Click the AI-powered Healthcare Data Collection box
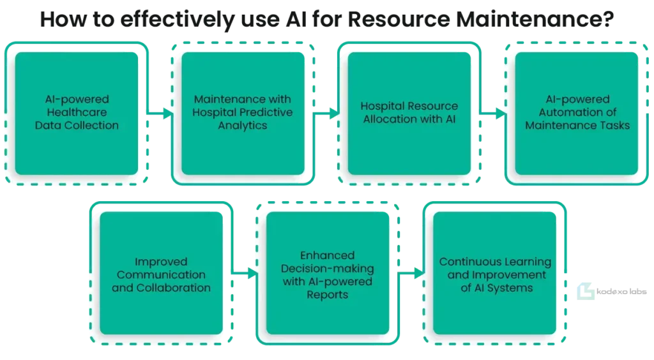click(x=77, y=114)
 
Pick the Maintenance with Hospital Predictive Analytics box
click(x=243, y=114)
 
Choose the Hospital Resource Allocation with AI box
click(x=409, y=114)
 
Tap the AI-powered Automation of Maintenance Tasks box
click(x=577, y=114)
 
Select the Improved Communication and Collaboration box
click(x=162, y=273)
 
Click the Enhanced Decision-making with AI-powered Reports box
click(x=328, y=273)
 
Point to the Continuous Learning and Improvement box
click(x=495, y=273)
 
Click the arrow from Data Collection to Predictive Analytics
click(x=160, y=114)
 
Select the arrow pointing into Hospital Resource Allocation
click(x=326, y=114)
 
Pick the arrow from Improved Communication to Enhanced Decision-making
click(x=245, y=273)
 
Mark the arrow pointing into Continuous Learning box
click(x=412, y=273)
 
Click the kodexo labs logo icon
click(x=586, y=291)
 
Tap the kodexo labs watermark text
click(x=621, y=292)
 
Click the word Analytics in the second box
click(x=243, y=125)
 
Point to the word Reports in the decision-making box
click(x=328, y=295)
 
